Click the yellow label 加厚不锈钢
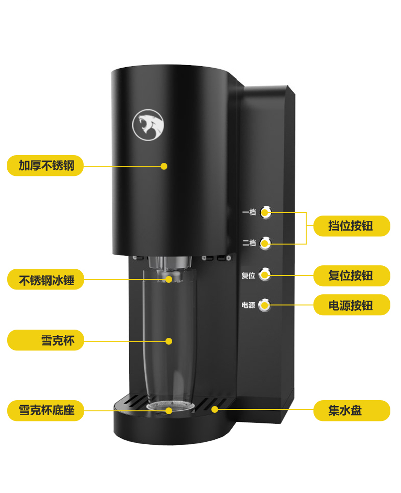[x=45, y=165]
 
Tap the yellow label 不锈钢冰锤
[x=45, y=279]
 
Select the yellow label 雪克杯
[x=45, y=340]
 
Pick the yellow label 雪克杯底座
[x=45, y=410]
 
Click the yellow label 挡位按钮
[x=352, y=226]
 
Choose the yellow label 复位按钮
[x=352, y=275]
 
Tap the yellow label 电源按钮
[x=352, y=305]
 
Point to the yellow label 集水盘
[x=352, y=410]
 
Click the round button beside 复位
[x=265, y=275]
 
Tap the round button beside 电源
[x=265, y=305]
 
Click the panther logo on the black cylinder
[x=148, y=125]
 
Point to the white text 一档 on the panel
[x=249, y=212]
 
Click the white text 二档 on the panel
[x=249, y=243]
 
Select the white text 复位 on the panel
[x=248, y=275]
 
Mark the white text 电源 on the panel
[x=248, y=305]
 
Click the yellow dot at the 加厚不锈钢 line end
[x=164, y=166]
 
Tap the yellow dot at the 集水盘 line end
[x=215, y=409]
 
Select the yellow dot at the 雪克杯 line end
[x=169, y=341]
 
